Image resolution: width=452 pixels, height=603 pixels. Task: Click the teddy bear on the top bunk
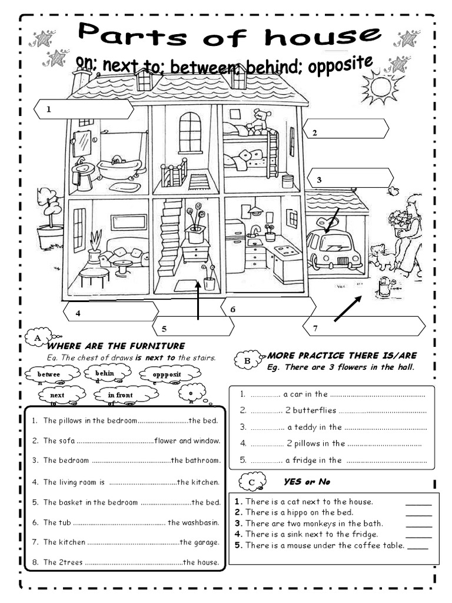[258, 120]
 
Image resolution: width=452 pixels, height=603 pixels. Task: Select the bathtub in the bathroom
[119, 168]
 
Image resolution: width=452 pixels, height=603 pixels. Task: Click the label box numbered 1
[82, 109]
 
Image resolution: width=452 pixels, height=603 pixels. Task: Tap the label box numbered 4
[110, 312]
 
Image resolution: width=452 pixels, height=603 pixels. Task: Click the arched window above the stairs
[190, 132]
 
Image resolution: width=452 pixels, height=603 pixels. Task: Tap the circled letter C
[252, 483]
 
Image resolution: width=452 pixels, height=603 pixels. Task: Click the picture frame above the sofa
[128, 222]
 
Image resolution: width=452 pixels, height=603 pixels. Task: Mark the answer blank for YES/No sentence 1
[418, 503]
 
